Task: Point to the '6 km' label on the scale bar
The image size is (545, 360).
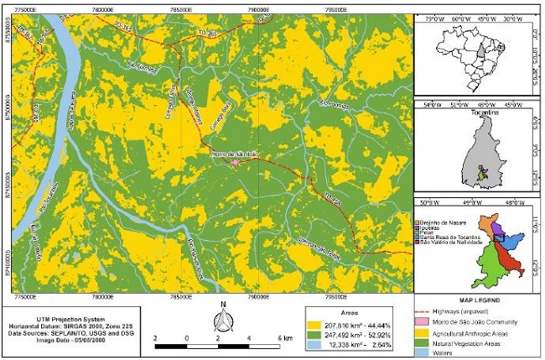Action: tap(285, 337)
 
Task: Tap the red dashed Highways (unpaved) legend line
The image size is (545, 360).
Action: tap(434, 311)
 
